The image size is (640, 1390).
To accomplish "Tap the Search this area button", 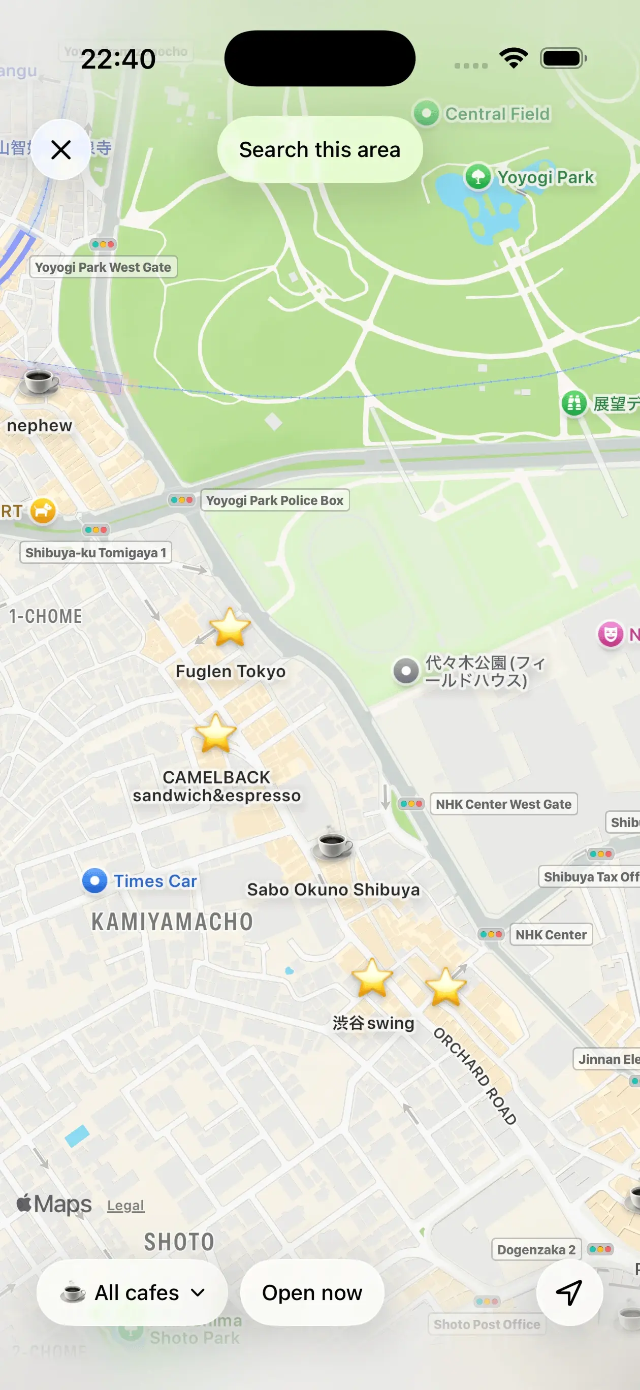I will (x=319, y=149).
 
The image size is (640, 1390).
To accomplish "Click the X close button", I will (x=61, y=149).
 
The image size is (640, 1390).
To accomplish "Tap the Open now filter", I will (x=312, y=1293).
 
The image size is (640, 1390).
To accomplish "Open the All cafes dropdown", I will (x=132, y=1293).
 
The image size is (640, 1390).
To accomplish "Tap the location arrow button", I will (x=569, y=1293).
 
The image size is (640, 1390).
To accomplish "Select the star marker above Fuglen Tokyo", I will (x=230, y=627).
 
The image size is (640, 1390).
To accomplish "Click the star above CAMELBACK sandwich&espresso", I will (x=215, y=733).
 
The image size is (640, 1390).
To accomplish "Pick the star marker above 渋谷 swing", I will (x=372, y=978).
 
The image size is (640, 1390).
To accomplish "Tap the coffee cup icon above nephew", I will (x=39, y=382).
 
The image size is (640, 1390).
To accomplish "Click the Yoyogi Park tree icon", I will (x=478, y=176).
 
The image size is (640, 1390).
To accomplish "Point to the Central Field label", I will (x=496, y=114).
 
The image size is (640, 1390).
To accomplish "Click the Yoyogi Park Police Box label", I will (x=275, y=500).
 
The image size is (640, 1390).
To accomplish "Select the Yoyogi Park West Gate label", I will (x=103, y=267).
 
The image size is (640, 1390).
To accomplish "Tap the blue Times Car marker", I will (x=95, y=880).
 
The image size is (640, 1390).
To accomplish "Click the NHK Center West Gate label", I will (x=503, y=804).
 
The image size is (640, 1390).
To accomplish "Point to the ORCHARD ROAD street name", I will (x=475, y=1077).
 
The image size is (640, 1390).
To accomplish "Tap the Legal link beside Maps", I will (x=126, y=1206).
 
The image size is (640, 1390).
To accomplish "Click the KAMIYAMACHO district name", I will (x=172, y=922).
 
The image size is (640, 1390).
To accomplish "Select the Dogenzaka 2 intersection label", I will (x=536, y=1250).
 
